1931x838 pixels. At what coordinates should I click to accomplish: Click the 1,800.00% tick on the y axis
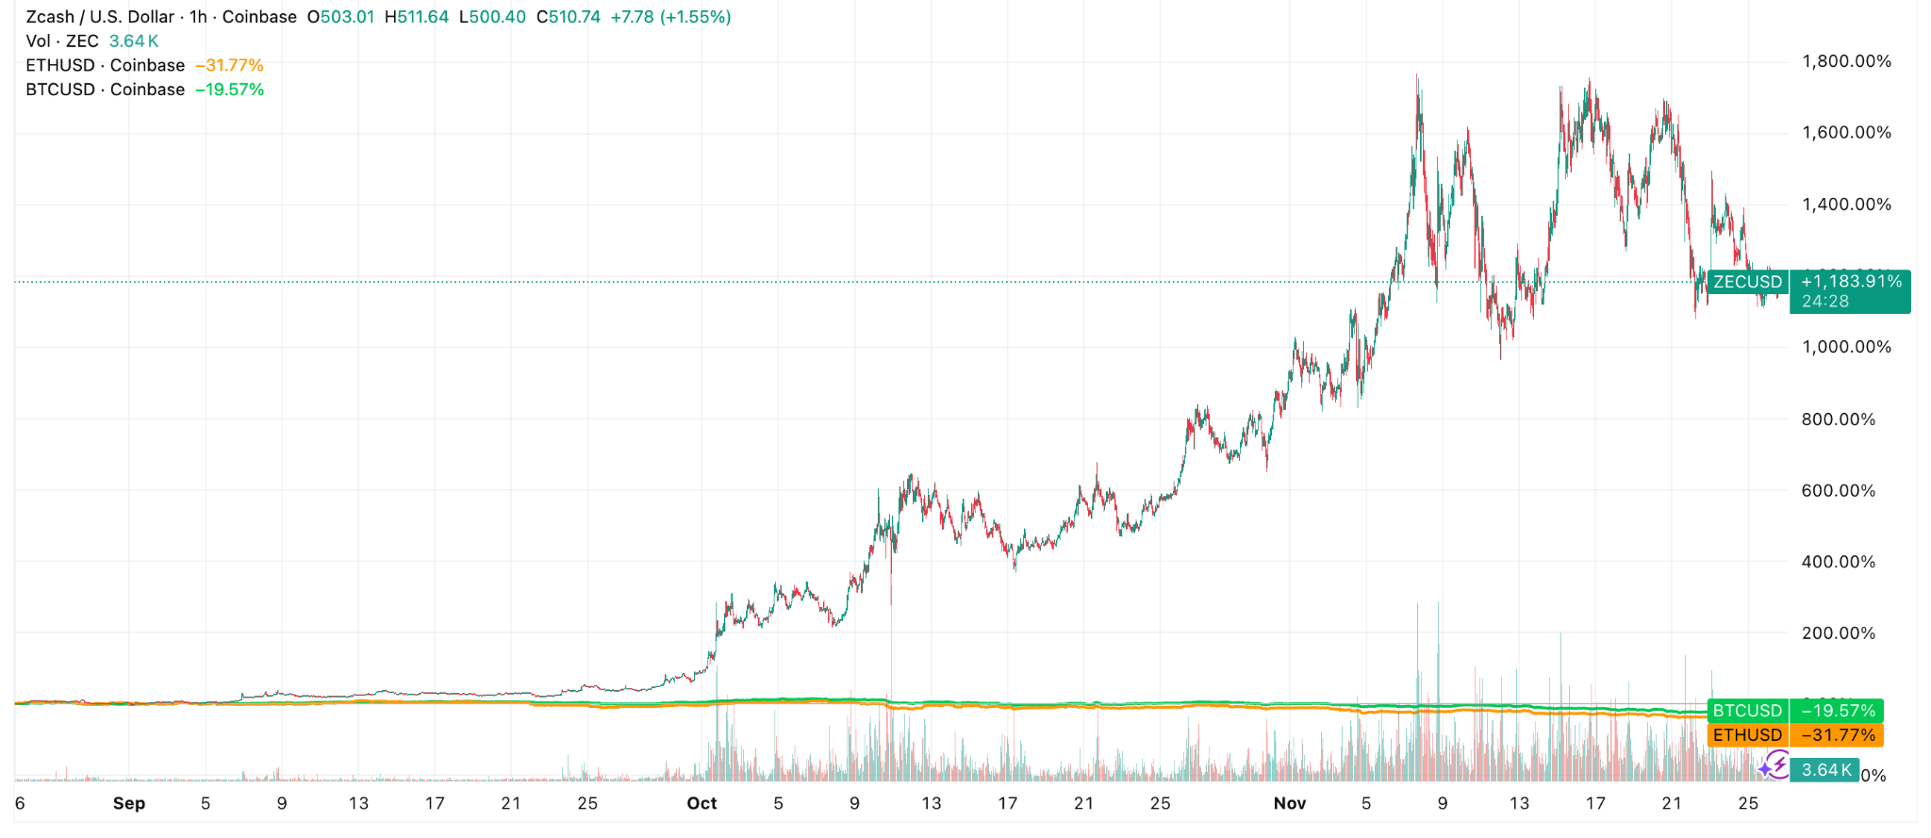(x=1845, y=61)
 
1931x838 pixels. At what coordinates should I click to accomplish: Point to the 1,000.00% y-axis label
(x=1845, y=347)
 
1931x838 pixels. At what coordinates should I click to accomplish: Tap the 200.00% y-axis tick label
(x=1838, y=633)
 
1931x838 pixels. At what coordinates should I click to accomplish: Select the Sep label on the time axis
(x=129, y=803)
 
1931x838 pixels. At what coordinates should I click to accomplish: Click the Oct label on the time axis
(x=701, y=803)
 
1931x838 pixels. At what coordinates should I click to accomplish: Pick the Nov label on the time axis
(x=1289, y=803)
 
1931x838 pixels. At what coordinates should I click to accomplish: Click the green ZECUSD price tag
(x=1747, y=282)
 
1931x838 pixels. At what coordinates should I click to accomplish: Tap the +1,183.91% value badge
(x=1851, y=282)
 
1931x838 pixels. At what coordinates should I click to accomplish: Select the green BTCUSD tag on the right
(x=1747, y=711)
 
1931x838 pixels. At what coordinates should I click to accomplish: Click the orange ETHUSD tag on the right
(x=1747, y=735)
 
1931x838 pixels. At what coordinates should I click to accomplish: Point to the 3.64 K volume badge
(x=1825, y=770)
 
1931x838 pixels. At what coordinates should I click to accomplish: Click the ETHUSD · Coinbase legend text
(x=105, y=65)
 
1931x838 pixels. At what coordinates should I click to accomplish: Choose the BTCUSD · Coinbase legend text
(x=105, y=90)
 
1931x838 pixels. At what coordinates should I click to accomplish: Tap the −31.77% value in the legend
(x=229, y=65)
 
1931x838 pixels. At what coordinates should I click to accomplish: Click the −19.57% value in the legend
(x=229, y=90)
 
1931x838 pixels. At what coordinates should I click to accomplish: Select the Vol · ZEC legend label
(x=62, y=41)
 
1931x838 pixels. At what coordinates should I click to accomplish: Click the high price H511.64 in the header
(x=416, y=17)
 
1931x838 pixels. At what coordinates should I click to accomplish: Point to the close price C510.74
(x=568, y=17)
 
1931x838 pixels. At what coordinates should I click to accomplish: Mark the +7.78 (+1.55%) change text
(x=670, y=17)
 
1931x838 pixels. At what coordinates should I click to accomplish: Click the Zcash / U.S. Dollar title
(x=100, y=17)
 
